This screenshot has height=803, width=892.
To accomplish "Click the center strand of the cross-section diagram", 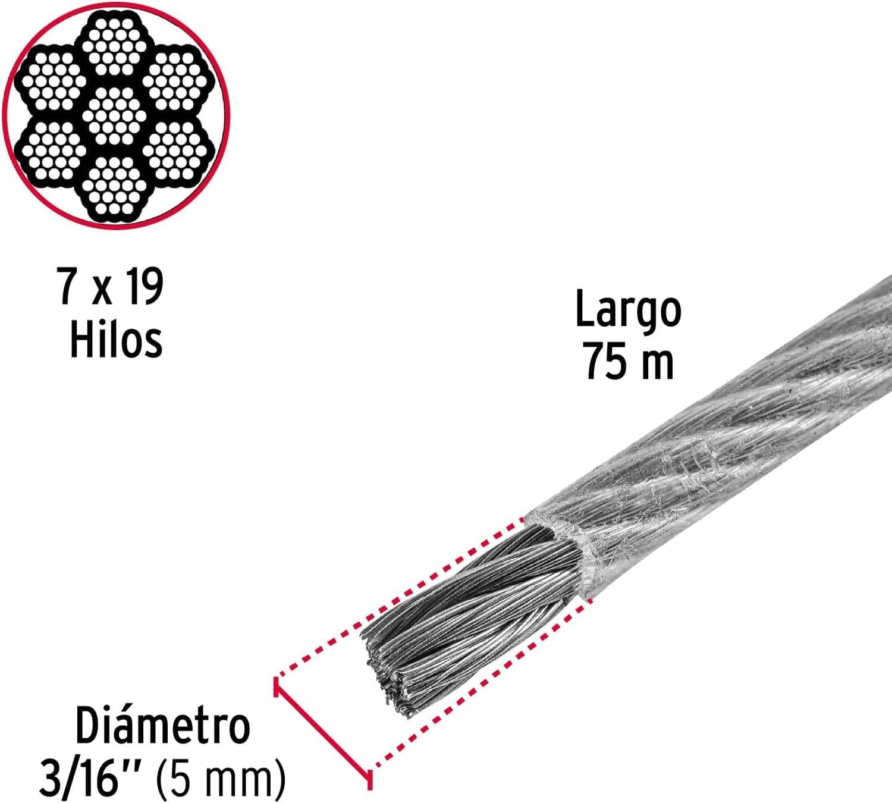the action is pos(114,115).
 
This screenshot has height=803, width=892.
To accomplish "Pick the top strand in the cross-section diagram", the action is pos(114,46).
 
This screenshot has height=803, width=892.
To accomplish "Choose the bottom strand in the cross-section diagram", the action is pos(114,186).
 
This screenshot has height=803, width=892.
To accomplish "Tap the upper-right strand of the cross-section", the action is pos(175,81).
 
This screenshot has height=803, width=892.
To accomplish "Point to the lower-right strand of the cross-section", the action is pos(175,150).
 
